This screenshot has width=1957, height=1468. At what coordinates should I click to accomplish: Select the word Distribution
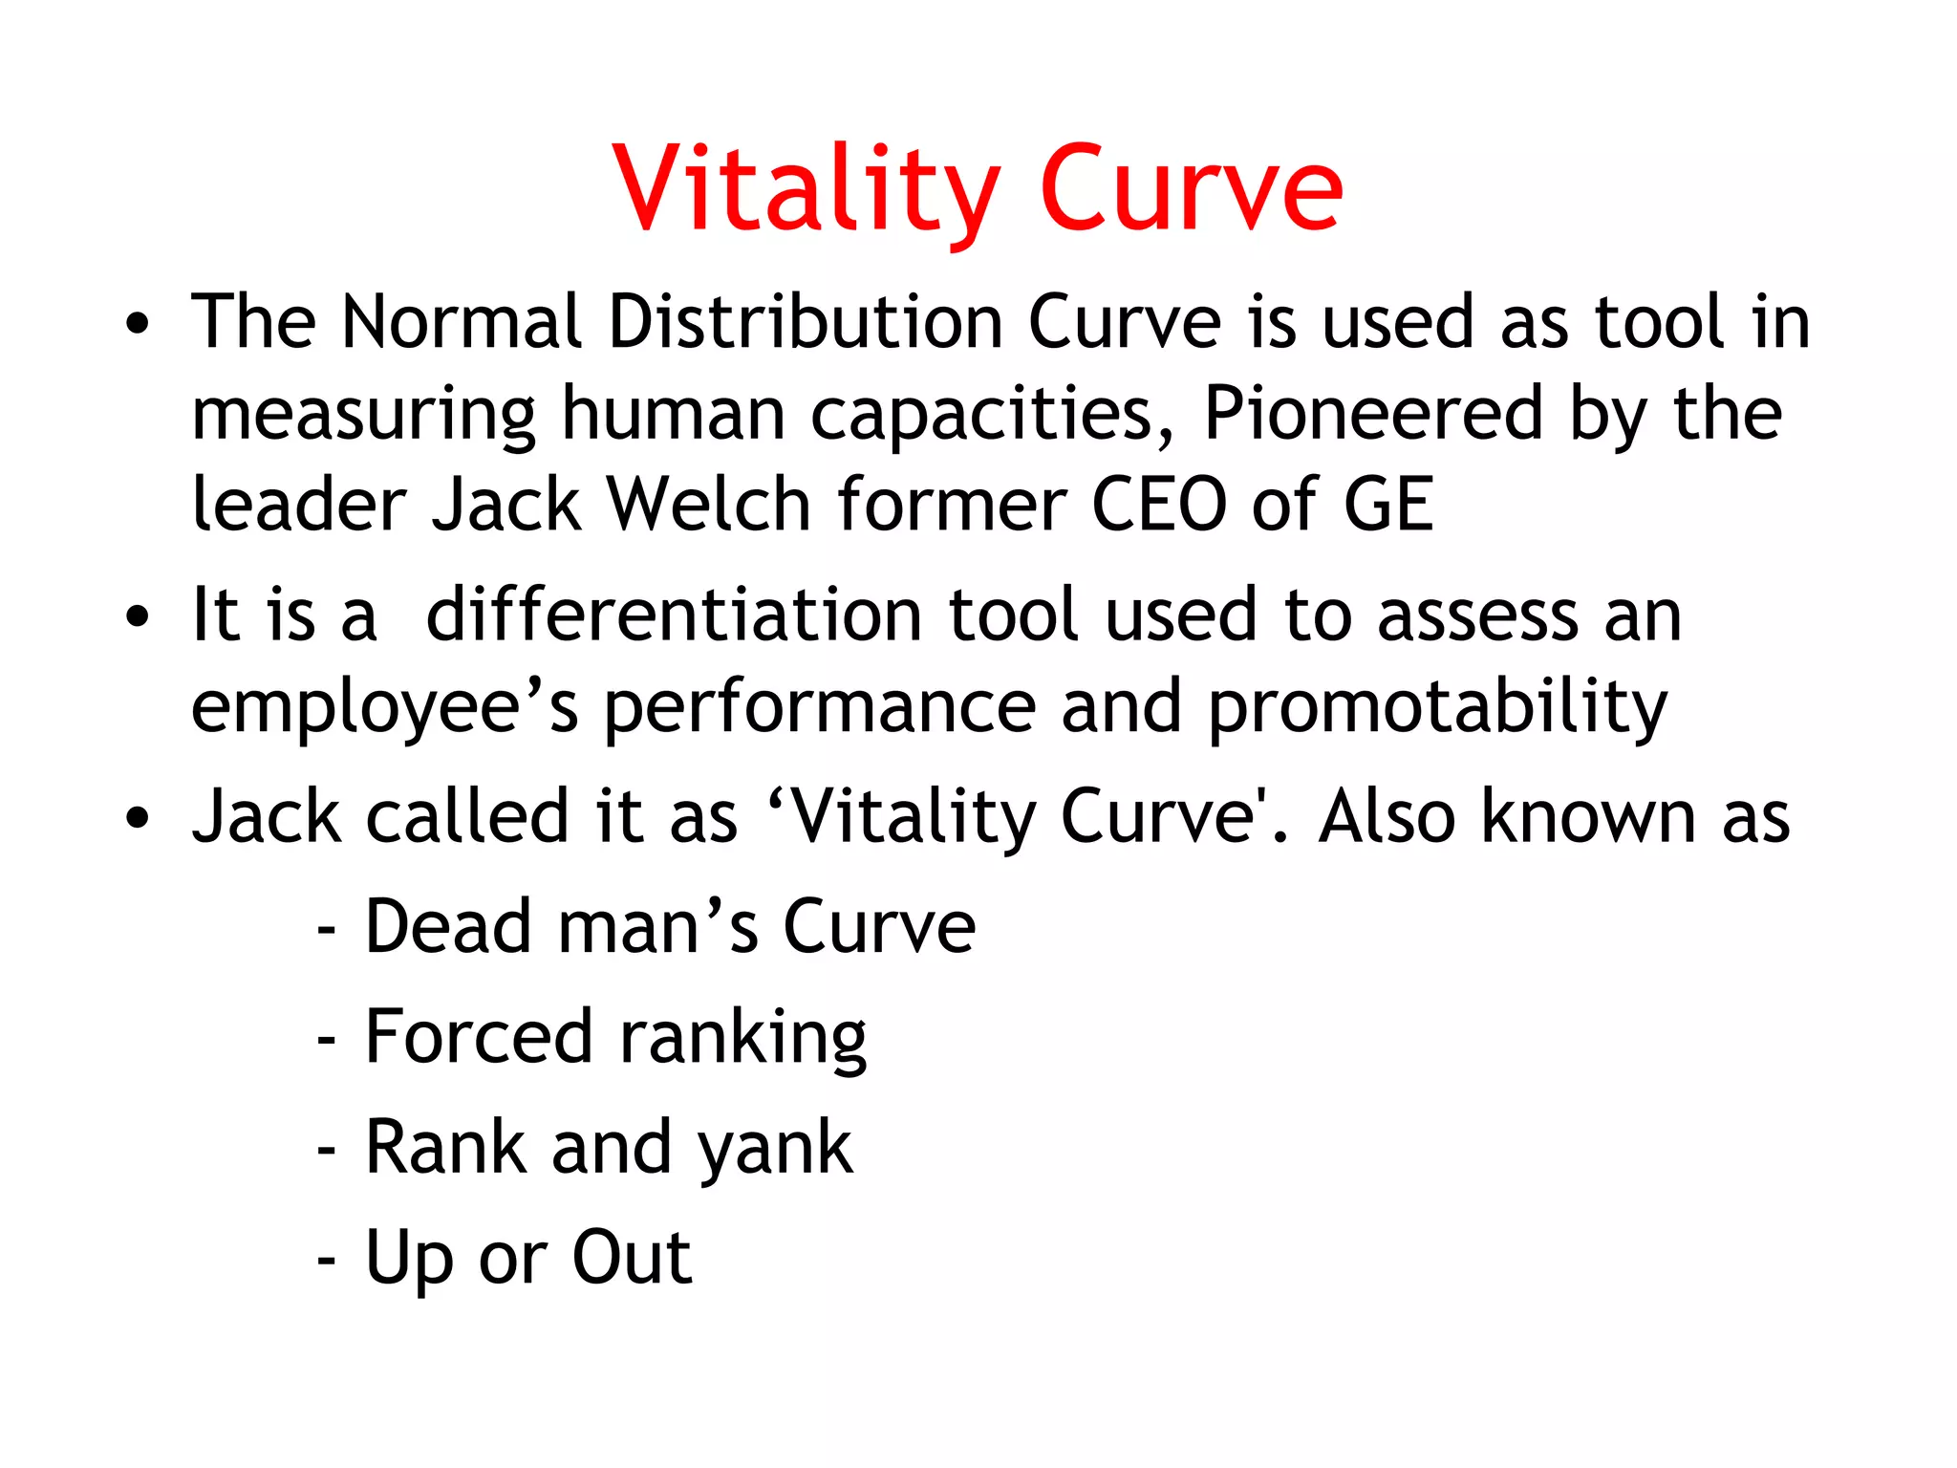[805, 321]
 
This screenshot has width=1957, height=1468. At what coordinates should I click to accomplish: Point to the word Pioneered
[1373, 414]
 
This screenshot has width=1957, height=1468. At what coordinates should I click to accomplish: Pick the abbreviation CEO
[1158, 504]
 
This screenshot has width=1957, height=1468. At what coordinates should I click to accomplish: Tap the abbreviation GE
[1387, 504]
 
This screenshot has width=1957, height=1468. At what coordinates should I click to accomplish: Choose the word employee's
[384, 707]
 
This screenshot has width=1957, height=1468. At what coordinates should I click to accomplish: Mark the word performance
[820, 707]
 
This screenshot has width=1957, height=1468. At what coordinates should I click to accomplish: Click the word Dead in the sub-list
[448, 926]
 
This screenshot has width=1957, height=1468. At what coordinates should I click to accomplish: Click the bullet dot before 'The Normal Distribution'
[138, 324]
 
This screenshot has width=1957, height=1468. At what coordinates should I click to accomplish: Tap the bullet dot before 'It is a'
[138, 616]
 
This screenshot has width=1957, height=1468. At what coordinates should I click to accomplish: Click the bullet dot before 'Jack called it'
[138, 818]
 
